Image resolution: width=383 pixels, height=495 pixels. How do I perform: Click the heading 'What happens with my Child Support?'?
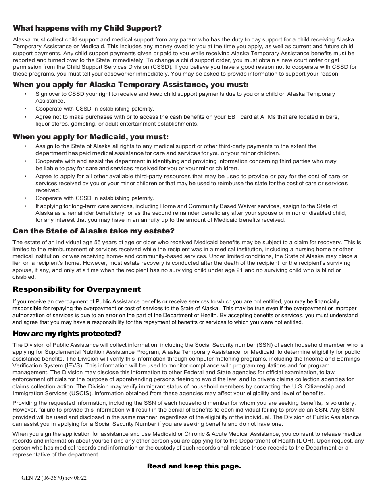coord(87,28)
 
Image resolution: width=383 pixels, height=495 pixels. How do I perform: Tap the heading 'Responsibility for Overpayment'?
coord(77,289)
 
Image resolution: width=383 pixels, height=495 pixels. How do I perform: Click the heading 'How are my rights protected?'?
coord(67,334)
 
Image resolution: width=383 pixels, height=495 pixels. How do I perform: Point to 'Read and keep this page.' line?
coord(194,466)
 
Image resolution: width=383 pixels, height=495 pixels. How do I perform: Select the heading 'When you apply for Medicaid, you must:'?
coord(90,137)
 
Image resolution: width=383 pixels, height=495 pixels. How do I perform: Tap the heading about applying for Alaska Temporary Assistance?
coord(131,85)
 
